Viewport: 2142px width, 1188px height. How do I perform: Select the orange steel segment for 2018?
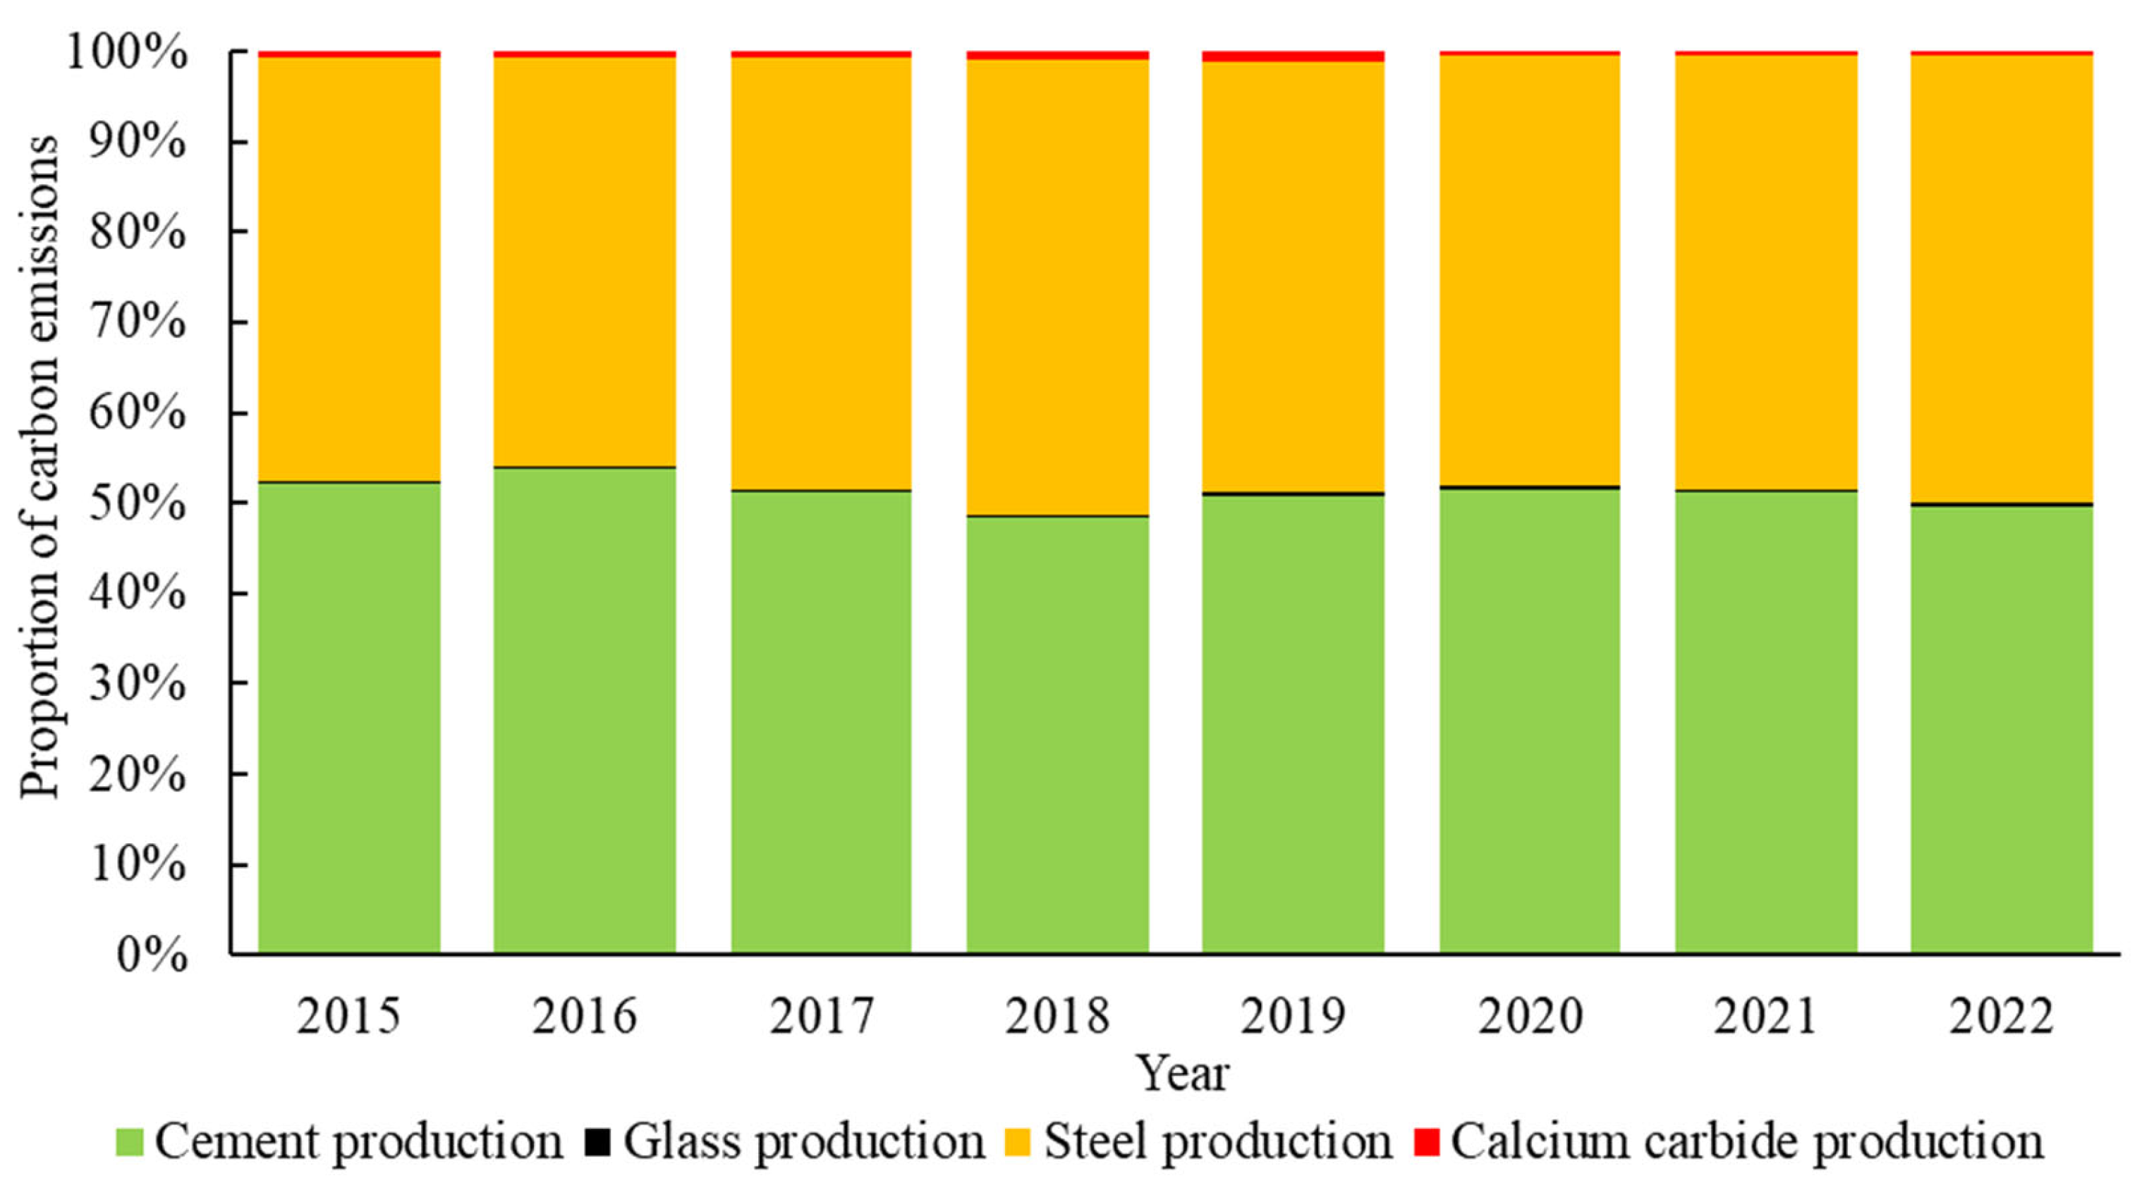1058,287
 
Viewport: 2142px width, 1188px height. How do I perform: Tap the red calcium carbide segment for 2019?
1293,56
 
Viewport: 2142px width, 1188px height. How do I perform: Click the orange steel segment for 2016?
585,262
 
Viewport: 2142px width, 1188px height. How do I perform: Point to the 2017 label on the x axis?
822,1016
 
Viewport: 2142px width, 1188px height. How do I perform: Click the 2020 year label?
1530,1016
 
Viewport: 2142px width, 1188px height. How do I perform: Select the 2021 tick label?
1765,1016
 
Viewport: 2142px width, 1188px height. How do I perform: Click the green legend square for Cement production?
129,1141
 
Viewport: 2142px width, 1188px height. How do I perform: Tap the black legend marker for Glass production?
597,1141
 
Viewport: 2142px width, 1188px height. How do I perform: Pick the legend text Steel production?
1217,1141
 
